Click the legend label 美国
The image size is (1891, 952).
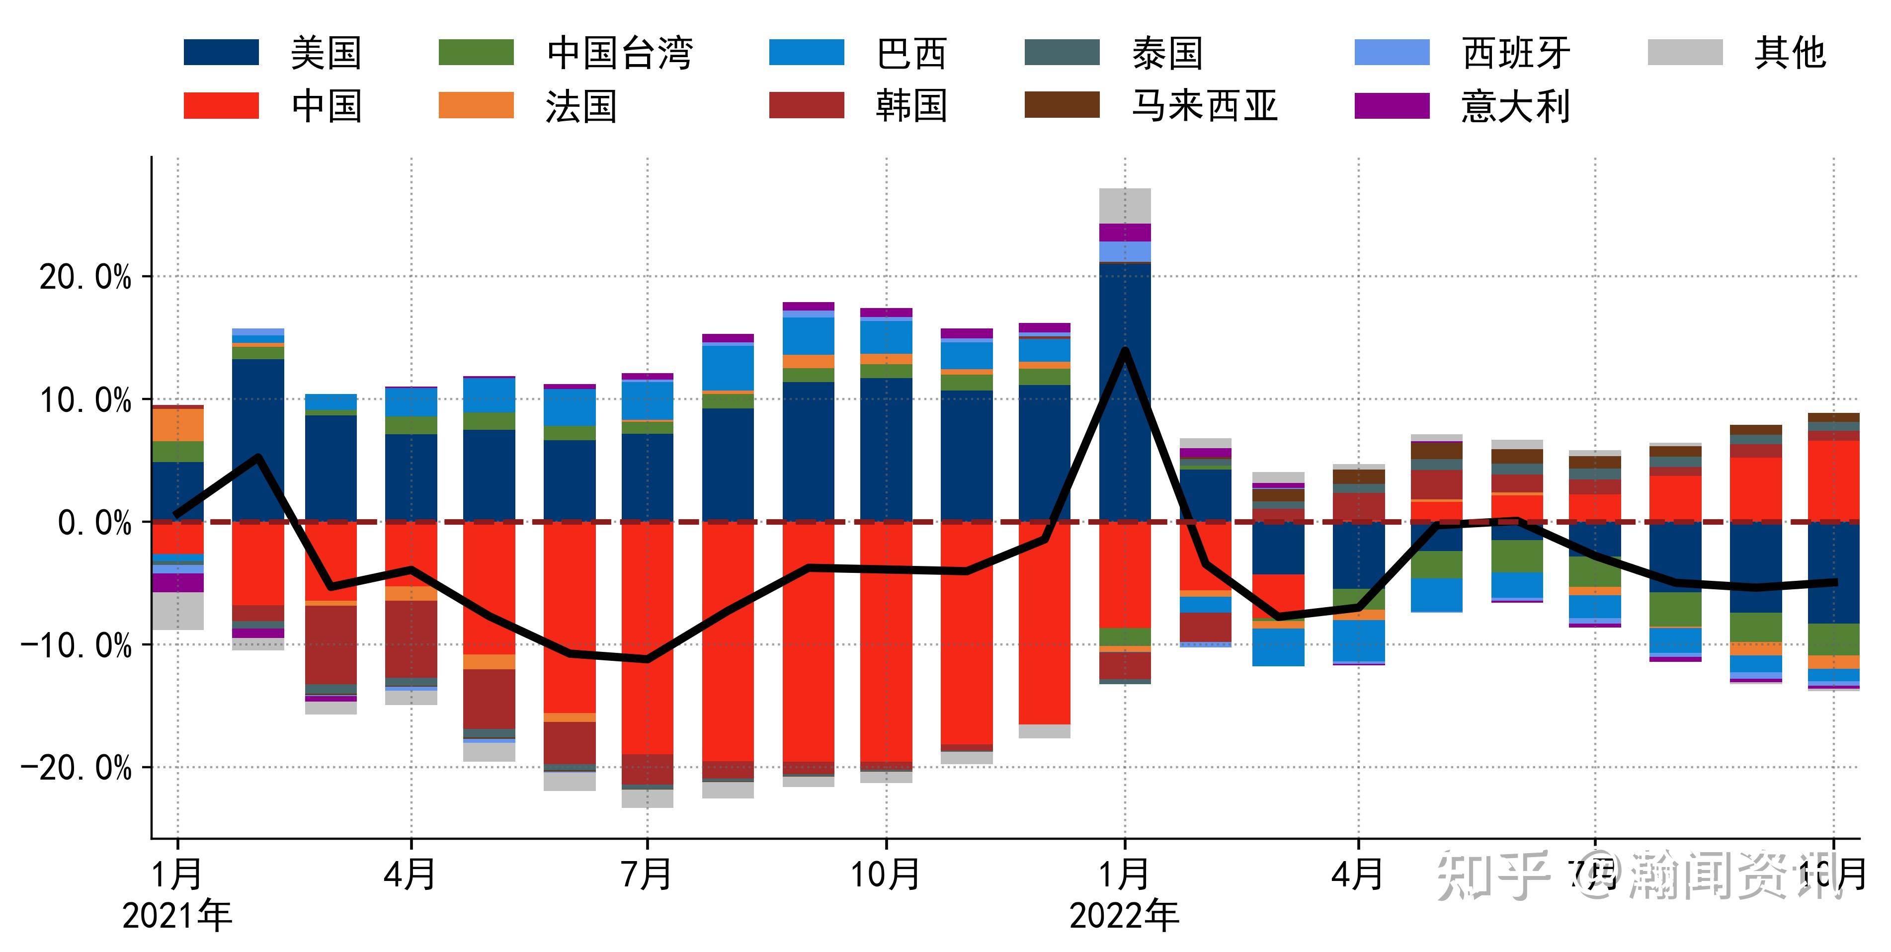(x=326, y=53)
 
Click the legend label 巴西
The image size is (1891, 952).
(x=912, y=53)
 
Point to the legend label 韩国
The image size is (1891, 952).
(x=912, y=106)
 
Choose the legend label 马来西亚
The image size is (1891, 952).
(x=1204, y=106)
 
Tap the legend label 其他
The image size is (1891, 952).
(x=1790, y=53)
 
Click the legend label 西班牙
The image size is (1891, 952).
(x=1516, y=53)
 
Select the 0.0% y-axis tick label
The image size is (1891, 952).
(x=94, y=523)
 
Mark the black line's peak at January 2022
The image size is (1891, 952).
(x=1125, y=351)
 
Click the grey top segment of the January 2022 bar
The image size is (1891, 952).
(x=1125, y=206)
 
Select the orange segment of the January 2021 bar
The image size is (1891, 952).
(x=177, y=424)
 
